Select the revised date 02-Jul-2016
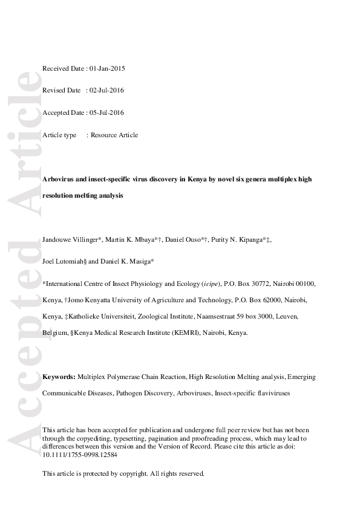coord(107,91)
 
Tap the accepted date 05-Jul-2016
coord(108,112)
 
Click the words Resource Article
coord(114,135)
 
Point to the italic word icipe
coord(211,284)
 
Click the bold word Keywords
coord(59,377)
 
